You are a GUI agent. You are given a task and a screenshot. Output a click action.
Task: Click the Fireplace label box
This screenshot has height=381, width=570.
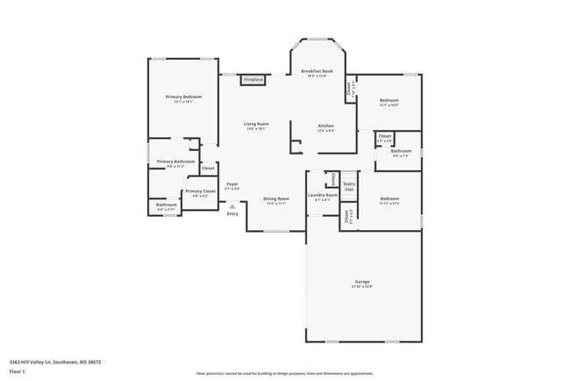coord(253,80)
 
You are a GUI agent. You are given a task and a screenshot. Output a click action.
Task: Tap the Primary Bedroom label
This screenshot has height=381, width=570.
coord(183,97)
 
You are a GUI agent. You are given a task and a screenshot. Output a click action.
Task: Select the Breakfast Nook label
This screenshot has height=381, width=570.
coord(317,72)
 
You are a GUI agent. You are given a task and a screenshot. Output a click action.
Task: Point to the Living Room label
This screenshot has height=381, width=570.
coord(255,126)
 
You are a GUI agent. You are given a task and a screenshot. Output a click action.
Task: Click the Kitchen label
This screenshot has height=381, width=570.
coord(325,126)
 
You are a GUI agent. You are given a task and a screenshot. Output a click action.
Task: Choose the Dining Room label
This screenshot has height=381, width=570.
coord(276,199)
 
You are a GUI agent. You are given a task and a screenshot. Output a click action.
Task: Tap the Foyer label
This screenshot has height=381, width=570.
coord(232,185)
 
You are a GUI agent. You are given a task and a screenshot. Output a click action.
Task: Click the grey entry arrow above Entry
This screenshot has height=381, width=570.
coord(232,207)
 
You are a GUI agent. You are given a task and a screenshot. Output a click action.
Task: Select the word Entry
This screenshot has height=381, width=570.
coord(232,214)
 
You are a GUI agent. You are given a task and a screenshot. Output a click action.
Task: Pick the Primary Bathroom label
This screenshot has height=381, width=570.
coord(175,162)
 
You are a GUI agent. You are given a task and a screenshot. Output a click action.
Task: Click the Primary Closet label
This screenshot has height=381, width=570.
coord(200,191)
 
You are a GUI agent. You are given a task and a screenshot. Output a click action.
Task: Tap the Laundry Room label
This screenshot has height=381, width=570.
coord(322,196)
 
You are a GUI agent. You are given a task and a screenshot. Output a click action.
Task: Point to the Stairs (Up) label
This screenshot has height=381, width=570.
coord(349,186)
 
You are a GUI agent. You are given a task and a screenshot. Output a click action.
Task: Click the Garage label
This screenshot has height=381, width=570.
coord(362,283)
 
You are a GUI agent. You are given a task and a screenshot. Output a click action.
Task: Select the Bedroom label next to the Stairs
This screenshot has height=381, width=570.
coord(388,199)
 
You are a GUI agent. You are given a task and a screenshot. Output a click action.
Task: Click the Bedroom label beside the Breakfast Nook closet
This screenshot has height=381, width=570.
coord(388,101)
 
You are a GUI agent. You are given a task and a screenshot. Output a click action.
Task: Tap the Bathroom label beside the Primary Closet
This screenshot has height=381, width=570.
coord(167,205)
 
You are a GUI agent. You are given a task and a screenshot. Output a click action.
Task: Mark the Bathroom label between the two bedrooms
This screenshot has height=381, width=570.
coord(401,151)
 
